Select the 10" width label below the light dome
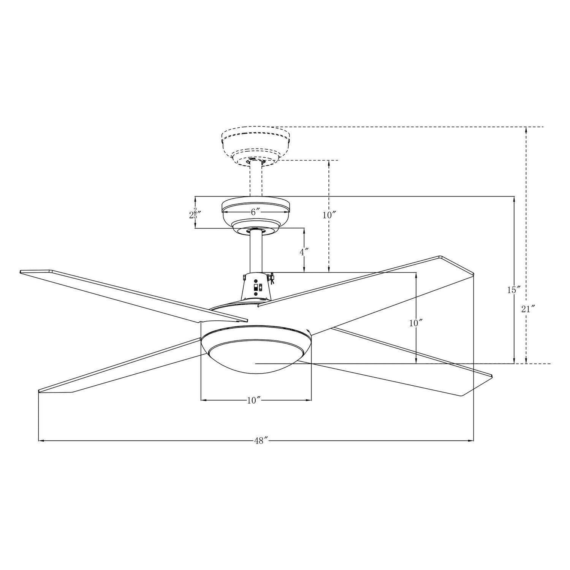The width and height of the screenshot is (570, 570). click(253, 400)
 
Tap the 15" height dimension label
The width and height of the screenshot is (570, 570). click(513, 290)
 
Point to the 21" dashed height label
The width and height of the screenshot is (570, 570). click(528, 309)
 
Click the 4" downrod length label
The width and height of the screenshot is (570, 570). click(304, 252)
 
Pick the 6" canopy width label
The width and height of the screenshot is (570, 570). click(255, 212)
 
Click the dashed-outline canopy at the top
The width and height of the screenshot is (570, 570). click(255, 144)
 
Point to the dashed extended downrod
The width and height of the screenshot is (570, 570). click(255, 179)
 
